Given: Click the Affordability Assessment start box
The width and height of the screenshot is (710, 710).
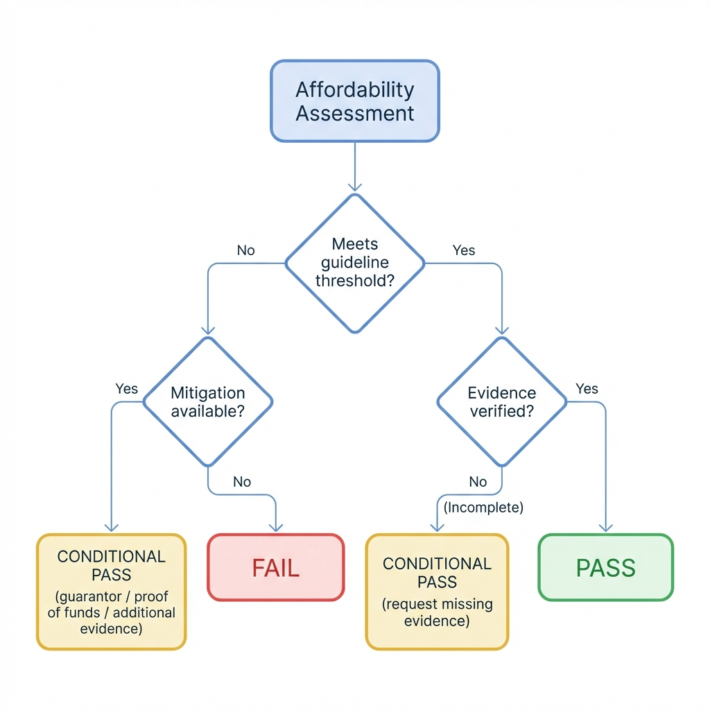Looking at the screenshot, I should tap(354, 101).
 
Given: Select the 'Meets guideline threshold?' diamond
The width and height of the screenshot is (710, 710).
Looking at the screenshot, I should tap(354, 263).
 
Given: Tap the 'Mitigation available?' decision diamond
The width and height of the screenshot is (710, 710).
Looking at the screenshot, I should tap(207, 401).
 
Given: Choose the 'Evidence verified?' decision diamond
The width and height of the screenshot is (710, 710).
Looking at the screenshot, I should tap(501, 401).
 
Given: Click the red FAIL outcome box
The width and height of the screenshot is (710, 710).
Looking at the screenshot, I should tap(275, 567).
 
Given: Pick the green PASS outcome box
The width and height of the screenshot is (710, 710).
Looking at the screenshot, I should tap(605, 567).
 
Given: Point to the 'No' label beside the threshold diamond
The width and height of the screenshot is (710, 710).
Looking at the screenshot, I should tap(245, 250).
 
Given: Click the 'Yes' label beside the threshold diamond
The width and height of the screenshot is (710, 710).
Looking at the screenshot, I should tap(463, 250).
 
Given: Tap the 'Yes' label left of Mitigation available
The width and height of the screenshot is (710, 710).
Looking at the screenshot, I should tap(126, 389).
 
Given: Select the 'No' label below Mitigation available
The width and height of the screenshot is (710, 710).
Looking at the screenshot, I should tap(241, 482).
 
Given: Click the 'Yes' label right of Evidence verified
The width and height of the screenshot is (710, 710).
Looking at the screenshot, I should tap(587, 389).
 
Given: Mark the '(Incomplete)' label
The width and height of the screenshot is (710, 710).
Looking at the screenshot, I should tap(483, 508).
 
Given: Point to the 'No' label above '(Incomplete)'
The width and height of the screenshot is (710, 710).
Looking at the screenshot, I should tap(478, 482).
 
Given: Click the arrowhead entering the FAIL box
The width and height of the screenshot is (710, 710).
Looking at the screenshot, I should tap(276, 528).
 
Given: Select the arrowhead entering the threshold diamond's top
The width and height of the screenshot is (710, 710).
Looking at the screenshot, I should tap(354, 186).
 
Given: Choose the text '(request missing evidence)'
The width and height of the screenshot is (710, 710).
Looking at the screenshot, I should tap(437, 612).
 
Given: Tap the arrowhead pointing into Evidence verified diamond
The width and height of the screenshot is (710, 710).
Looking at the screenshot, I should tap(501, 330).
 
